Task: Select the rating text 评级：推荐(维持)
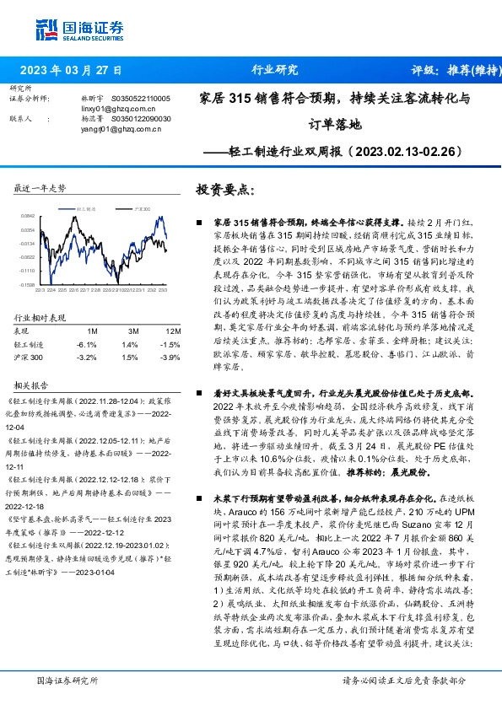point(442,70)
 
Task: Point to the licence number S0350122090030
point(141,119)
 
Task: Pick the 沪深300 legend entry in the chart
point(143,207)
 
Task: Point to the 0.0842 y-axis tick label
point(28,217)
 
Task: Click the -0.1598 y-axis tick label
point(28,285)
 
